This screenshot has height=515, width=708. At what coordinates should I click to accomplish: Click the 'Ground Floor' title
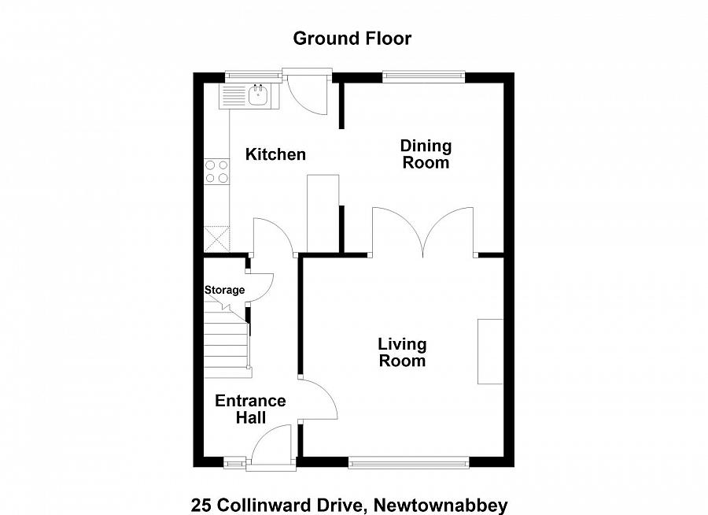(352, 38)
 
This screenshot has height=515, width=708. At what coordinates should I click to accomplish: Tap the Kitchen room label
(275, 154)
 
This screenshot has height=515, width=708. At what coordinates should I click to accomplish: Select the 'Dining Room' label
(426, 154)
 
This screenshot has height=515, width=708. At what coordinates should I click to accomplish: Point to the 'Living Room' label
(402, 353)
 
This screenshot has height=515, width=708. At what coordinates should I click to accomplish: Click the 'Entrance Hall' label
(251, 409)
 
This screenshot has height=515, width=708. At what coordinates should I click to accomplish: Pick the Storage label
(224, 290)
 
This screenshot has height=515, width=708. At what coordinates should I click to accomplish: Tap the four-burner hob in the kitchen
(216, 172)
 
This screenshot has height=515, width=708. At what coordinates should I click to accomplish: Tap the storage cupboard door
(260, 283)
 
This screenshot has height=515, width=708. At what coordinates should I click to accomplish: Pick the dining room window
(423, 76)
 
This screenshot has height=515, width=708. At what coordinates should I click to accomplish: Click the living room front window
(409, 462)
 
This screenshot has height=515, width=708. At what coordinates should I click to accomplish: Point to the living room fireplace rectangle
(491, 351)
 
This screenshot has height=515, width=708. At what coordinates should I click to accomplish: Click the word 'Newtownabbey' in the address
(441, 505)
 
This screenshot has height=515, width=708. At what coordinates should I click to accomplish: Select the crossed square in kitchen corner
(216, 238)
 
